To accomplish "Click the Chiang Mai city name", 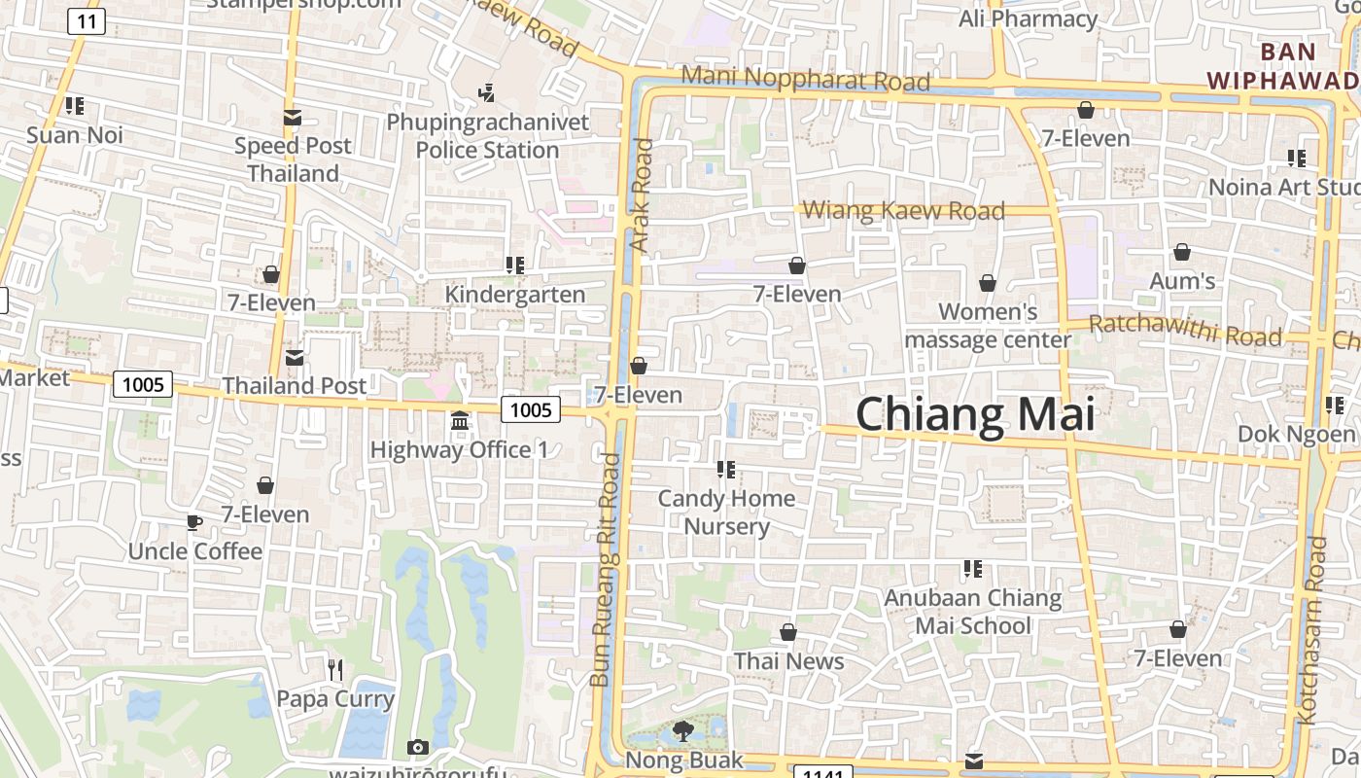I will click(x=975, y=414).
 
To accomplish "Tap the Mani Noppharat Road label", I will click(x=806, y=79).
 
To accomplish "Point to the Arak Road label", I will click(x=643, y=195).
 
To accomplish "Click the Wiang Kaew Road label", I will click(x=904, y=210).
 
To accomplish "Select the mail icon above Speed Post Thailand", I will click(x=292, y=118).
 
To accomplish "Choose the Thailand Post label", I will click(x=295, y=386).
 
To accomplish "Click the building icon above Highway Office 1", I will click(x=460, y=422).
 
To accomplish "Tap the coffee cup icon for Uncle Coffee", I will click(x=194, y=523).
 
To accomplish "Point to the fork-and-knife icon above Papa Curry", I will click(x=335, y=669).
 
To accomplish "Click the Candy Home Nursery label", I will click(x=726, y=513).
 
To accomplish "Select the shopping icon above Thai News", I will click(x=788, y=633).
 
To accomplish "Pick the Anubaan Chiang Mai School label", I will click(x=972, y=612).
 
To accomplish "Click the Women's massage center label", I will click(x=988, y=326).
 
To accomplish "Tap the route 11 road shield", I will click(x=87, y=21).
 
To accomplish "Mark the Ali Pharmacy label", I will click(x=1028, y=18).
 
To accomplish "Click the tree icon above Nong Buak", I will click(x=683, y=731).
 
